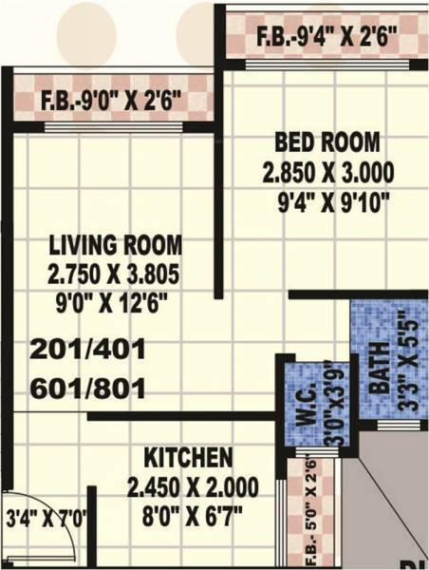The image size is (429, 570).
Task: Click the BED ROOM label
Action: [326, 142]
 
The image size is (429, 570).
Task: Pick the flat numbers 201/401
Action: [87, 350]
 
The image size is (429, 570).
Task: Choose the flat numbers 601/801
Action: [87, 389]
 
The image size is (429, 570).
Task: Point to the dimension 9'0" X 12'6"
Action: [116, 305]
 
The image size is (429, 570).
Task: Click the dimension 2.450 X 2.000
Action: [193, 487]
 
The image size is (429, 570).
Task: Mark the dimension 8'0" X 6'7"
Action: [193, 519]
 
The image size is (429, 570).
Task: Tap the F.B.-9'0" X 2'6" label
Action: [111, 100]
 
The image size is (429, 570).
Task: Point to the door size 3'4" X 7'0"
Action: [47, 519]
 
